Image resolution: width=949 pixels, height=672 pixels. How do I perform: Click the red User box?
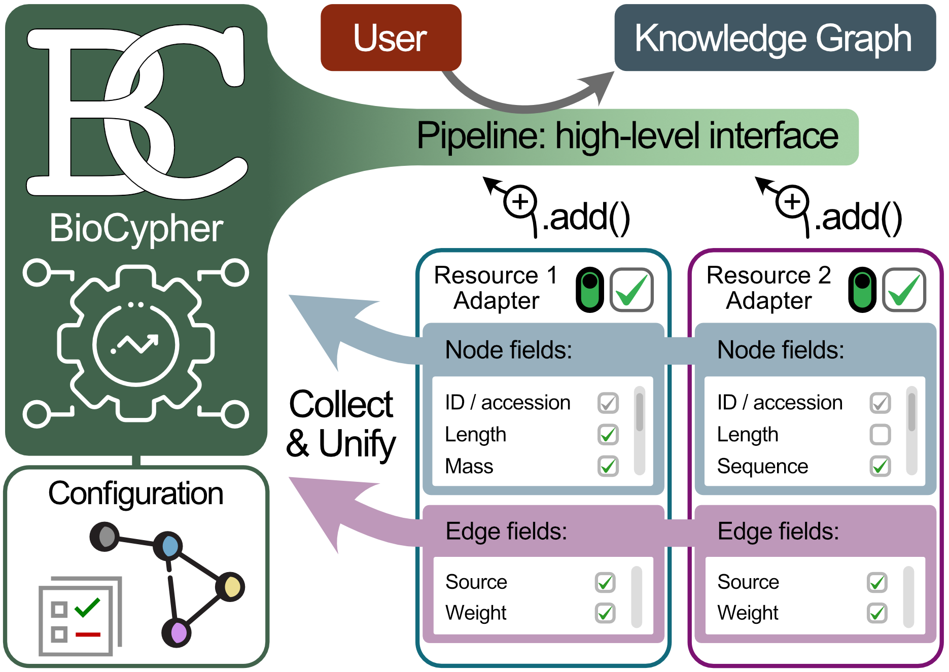[391, 38]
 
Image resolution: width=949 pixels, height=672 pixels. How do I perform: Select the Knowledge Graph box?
[775, 38]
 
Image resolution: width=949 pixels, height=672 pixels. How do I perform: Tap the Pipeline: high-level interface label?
[627, 136]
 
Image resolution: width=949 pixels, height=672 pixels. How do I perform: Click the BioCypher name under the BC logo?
[136, 228]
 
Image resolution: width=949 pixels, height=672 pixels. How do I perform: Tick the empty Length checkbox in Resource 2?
[880, 435]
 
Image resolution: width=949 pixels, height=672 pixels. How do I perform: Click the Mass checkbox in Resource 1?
[608, 466]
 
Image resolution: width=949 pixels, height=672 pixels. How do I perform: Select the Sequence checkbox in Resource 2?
[880, 466]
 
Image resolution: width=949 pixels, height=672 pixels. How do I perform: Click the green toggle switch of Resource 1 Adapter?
[590, 290]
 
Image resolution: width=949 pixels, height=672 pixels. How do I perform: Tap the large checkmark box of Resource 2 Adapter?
[904, 290]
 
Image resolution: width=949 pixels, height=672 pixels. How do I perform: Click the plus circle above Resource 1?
[520, 202]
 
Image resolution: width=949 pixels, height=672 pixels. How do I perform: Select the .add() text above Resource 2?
[858, 217]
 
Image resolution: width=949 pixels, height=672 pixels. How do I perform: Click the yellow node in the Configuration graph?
[231, 587]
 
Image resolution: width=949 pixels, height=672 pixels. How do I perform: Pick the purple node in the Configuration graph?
[177, 632]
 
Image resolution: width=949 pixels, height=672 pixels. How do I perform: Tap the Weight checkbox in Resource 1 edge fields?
[605, 613]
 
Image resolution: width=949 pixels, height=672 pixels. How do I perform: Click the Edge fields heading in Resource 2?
[778, 532]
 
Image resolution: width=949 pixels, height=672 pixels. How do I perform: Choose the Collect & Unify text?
[341, 423]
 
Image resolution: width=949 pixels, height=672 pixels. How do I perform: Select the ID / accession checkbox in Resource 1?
[608, 403]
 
